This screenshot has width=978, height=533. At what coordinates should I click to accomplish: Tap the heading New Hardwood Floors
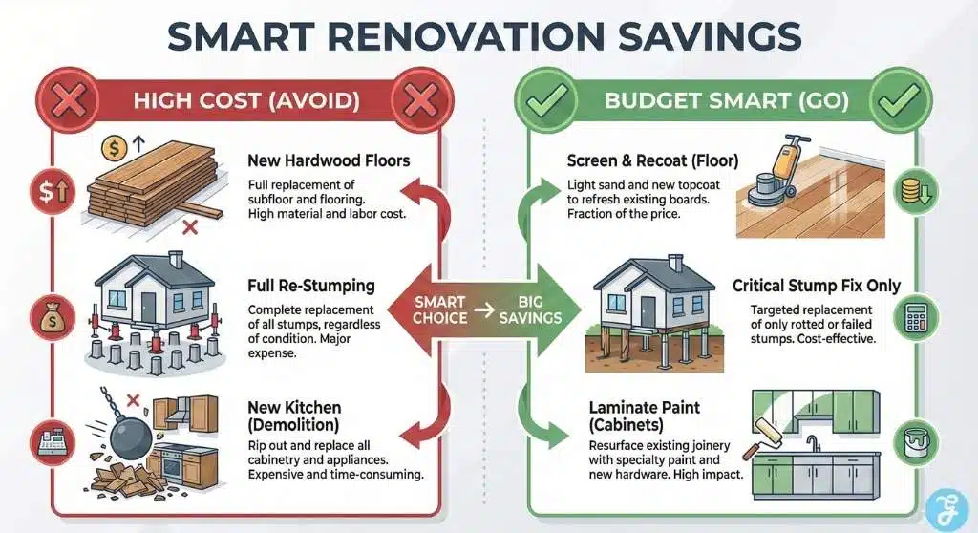tap(328, 160)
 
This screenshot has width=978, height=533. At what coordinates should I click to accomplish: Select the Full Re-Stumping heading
tap(309, 286)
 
